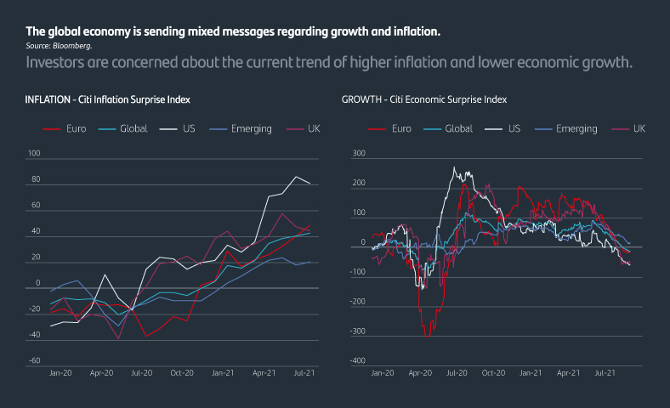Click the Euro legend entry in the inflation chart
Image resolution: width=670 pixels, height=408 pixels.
tap(77, 129)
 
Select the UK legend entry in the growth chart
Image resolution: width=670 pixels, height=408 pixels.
tap(639, 129)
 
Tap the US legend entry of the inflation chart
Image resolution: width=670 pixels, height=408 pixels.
tap(189, 129)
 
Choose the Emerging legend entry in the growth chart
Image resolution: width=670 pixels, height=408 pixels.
tap(576, 129)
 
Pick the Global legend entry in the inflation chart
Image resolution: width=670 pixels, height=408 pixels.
tap(134, 129)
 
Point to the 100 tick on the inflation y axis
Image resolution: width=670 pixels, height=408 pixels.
tap(34, 154)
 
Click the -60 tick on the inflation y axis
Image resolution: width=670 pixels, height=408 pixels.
tap(34, 361)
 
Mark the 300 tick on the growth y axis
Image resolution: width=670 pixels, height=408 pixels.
tap(358, 154)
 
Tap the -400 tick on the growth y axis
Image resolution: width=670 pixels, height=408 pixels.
tap(358, 361)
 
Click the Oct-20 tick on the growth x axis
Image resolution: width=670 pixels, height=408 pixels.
tap(494, 373)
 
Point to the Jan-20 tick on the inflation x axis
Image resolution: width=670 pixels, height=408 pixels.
tap(60, 373)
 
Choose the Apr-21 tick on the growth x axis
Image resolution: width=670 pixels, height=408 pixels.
tap(569, 373)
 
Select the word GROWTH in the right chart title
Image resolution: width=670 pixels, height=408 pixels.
tap(361, 99)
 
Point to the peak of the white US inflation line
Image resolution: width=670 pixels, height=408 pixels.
tap(296, 176)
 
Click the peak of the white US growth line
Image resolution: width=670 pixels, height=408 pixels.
tap(454, 167)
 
